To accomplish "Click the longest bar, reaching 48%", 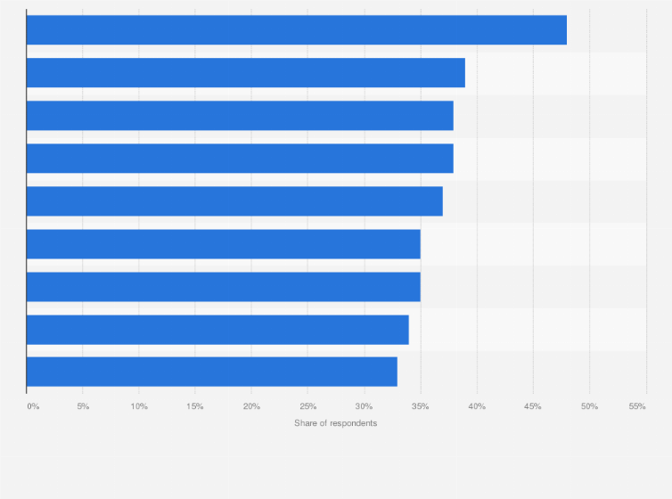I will click(x=296, y=30).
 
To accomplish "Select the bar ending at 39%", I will click(x=245, y=73).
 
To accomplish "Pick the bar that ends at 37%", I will click(x=234, y=201).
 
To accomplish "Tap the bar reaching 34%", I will click(x=217, y=330).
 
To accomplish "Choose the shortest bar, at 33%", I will click(x=212, y=372).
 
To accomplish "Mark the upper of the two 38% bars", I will click(x=240, y=116).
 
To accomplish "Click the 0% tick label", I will click(x=33, y=406).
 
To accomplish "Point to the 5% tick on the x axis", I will click(x=83, y=406).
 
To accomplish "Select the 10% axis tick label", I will click(x=139, y=406).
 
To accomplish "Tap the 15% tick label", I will click(x=195, y=406).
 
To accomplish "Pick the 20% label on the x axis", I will click(x=251, y=406).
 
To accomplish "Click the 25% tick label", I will click(x=307, y=406).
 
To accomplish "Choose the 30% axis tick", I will click(x=364, y=406).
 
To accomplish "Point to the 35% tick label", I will click(x=420, y=406).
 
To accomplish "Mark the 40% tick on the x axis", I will click(x=477, y=406).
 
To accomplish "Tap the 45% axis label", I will click(x=533, y=406).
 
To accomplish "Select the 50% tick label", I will click(x=589, y=406).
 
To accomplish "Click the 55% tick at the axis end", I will click(x=637, y=406).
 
